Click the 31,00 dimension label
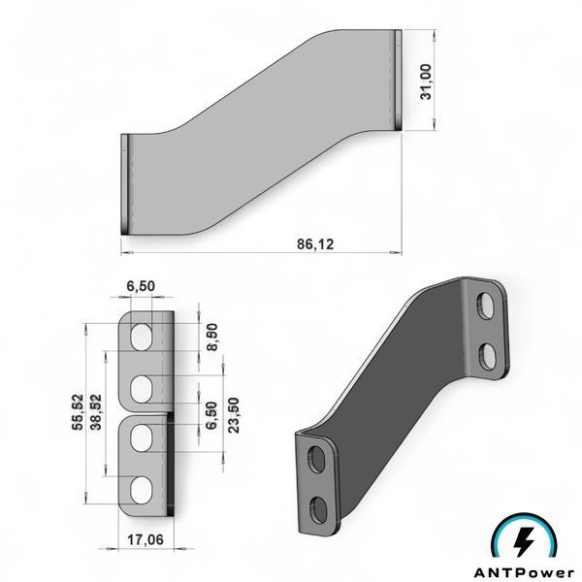pos(427,81)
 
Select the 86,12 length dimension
pos(315,243)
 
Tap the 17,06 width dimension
pos(145,539)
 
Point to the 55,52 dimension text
pos(79,412)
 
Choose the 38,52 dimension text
pos(96,412)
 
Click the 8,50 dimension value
pos(211,337)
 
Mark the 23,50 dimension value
pos(234,415)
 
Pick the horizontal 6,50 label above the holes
pos(141,286)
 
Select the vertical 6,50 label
pos(211,415)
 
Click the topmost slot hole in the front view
pos(141,337)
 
